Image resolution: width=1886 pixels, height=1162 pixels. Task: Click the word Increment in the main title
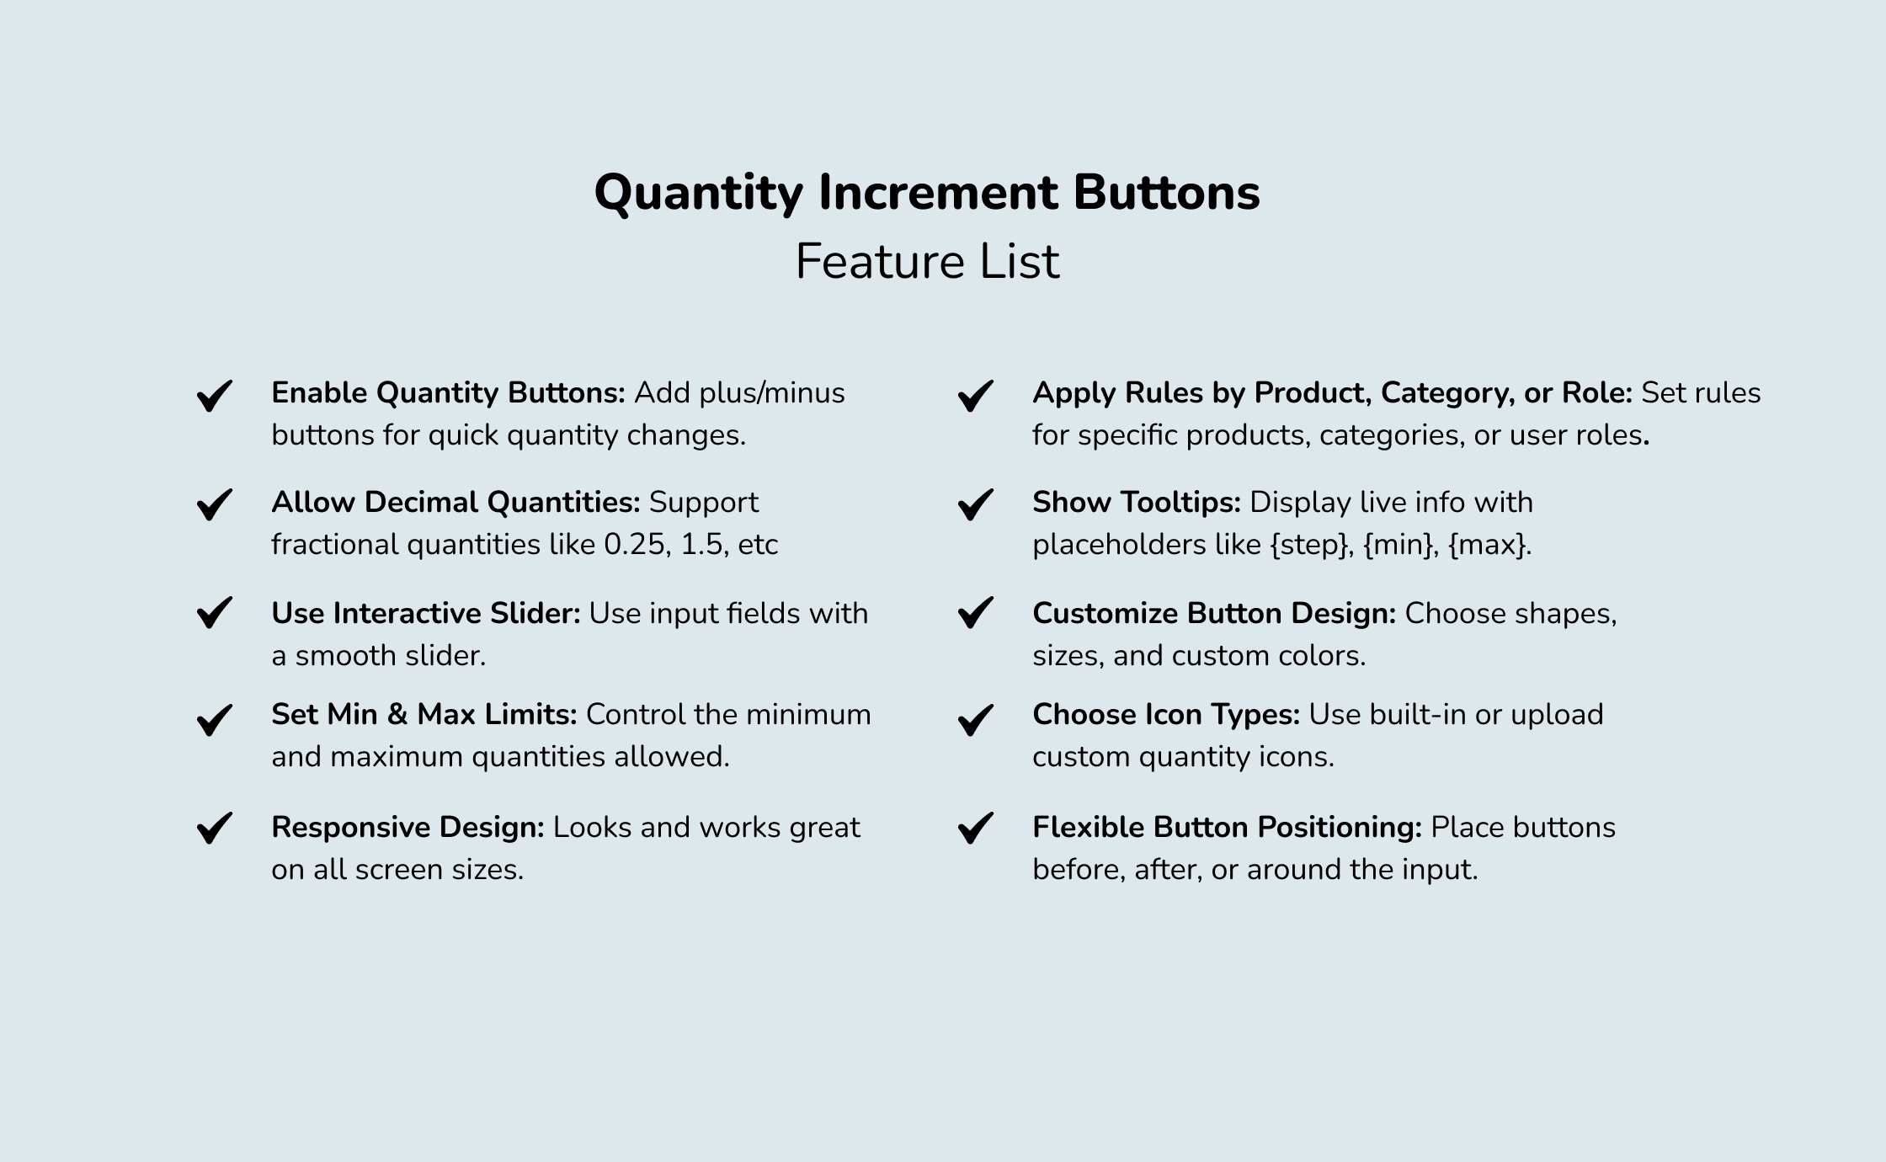coord(937,193)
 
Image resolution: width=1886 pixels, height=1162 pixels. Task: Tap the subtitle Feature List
coord(927,261)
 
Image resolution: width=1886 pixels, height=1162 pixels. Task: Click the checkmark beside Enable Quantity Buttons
coord(215,396)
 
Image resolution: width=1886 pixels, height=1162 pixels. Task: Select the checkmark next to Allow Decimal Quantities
coord(215,504)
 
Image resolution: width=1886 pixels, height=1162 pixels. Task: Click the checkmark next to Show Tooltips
coord(976,504)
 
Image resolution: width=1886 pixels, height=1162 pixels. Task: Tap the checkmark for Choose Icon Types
coord(976,720)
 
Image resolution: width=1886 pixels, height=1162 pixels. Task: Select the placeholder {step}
coord(1311,545)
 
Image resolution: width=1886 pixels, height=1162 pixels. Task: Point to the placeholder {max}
coord(1488,545)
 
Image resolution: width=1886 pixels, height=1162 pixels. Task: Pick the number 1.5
coord(704,545)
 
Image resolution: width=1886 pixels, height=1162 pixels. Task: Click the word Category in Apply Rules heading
coord(1448,393)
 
